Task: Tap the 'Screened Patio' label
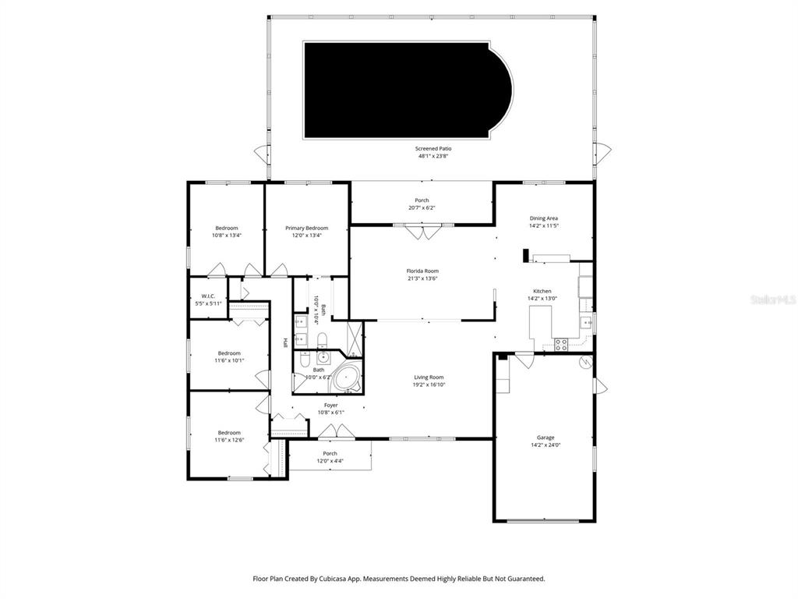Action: click(433, 148)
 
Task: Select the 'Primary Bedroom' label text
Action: click(306, 228)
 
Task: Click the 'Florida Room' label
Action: click(422, 271)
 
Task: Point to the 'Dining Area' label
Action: click(543, 218)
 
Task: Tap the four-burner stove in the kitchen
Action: click(560, 344)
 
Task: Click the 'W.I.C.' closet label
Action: click(208, 296)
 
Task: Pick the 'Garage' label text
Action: click(545, 438)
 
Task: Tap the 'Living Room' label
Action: click(429, 377)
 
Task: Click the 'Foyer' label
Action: click(331, 405)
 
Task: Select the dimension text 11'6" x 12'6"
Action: click(229, 440)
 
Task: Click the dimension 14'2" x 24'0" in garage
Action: click(545, 445)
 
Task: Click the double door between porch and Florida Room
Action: click(422, 231)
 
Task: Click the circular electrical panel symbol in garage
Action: click(584, 363)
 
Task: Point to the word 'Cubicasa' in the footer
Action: click(331, 579)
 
